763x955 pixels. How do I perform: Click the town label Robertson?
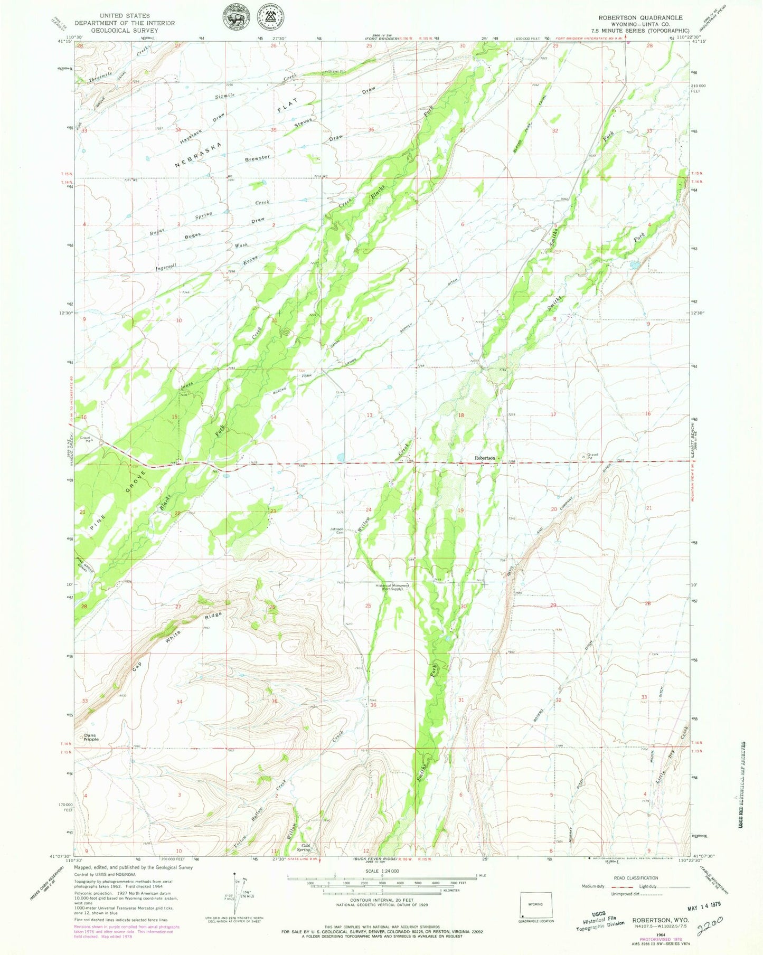(484, 458)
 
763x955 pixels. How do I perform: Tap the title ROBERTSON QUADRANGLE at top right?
(640, 17)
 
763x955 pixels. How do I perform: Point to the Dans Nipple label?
(91, 737)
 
